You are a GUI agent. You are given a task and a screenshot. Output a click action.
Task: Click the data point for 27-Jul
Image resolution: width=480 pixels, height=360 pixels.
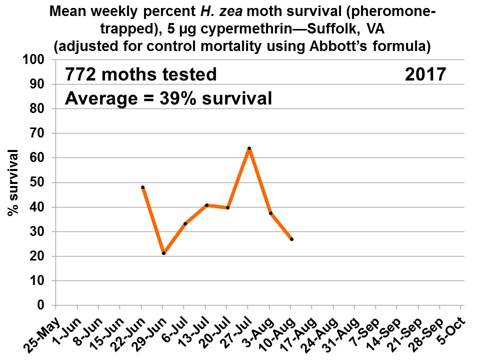(249, 148)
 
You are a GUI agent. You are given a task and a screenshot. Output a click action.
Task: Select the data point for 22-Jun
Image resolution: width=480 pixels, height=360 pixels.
(143, 187)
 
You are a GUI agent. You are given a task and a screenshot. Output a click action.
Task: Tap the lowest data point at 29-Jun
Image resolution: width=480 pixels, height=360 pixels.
(163, 253)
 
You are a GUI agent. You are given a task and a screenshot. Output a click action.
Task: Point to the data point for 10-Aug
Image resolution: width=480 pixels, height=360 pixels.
(291, 239)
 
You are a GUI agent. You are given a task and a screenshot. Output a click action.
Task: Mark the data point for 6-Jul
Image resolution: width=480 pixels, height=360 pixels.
(185, 223)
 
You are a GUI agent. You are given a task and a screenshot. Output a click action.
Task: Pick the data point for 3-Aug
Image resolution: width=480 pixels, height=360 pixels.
(270, 213)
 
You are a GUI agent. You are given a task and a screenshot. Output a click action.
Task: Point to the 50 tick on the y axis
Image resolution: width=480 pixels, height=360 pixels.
(40, 182)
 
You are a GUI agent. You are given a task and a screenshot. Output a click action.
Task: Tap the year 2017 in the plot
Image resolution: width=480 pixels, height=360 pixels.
(425, 75)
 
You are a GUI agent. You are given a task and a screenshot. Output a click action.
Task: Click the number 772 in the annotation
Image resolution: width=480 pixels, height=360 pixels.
(82, 75)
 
